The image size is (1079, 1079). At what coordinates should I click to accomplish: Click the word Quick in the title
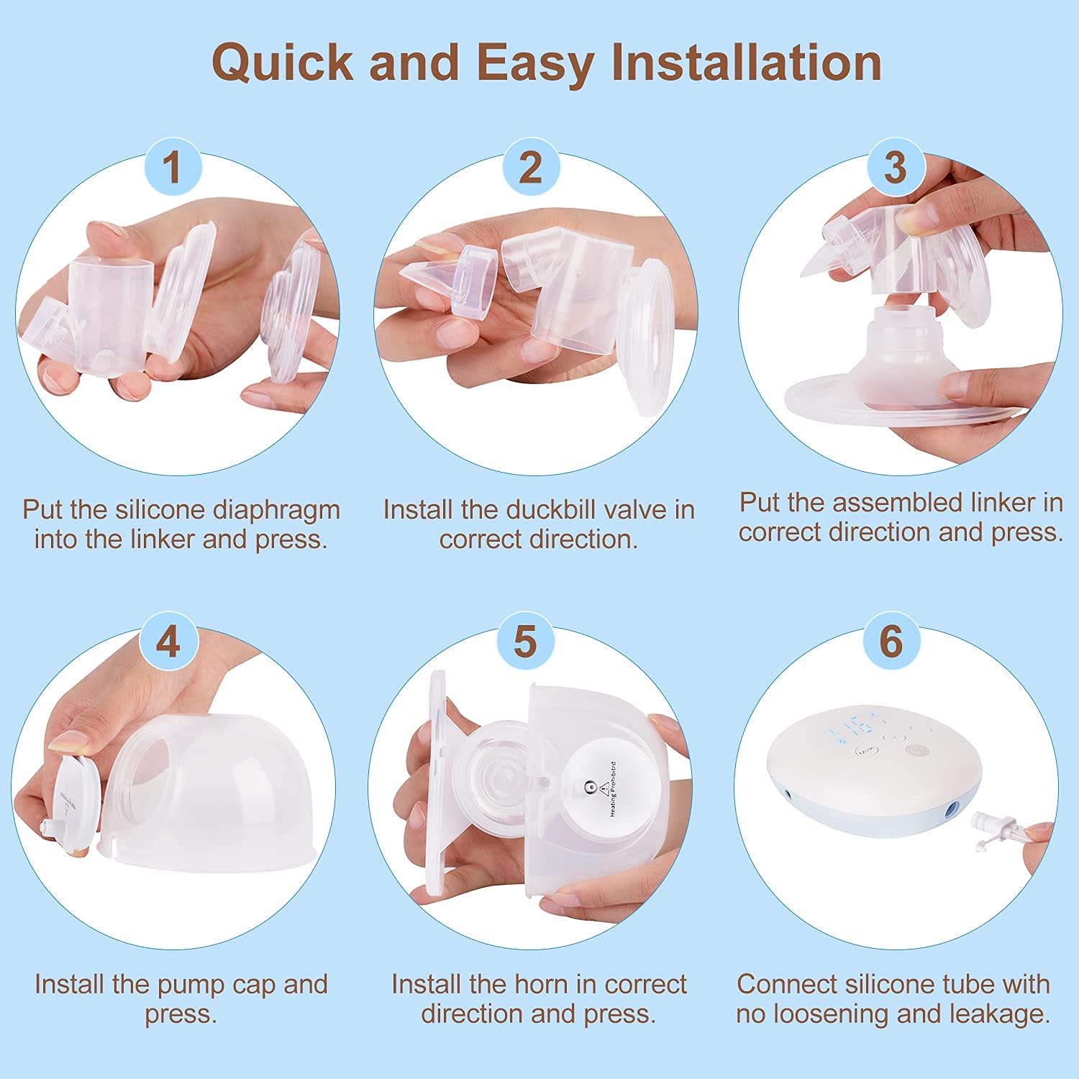283,63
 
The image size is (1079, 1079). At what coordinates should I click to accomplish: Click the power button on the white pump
916,750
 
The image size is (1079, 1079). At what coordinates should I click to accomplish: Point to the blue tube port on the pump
952,809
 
